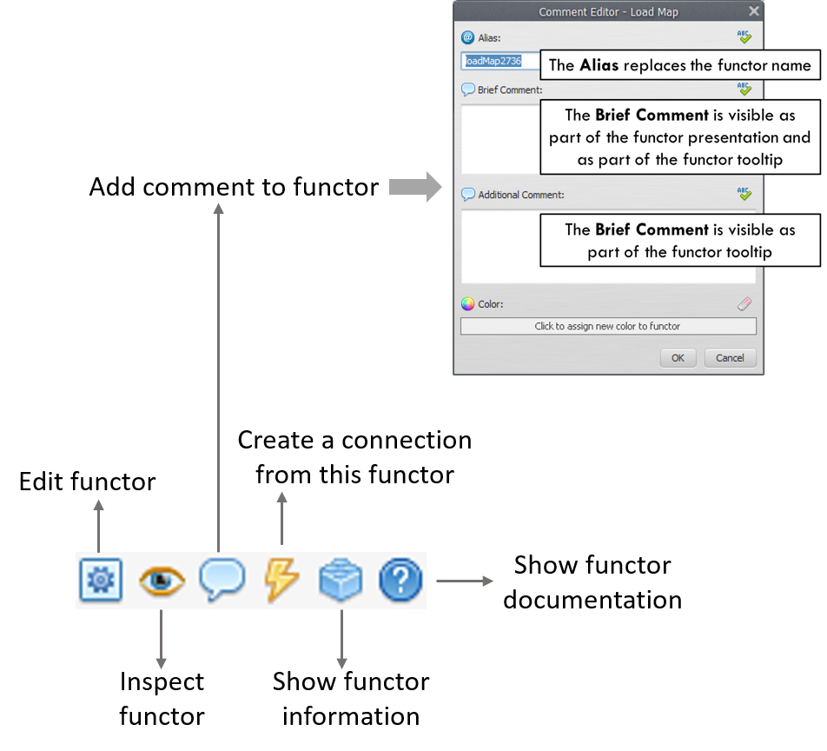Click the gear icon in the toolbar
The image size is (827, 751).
point(100,581)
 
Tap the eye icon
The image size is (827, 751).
point(161,581)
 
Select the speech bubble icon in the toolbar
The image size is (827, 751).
point(222,580)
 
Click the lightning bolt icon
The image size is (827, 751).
point(281,579)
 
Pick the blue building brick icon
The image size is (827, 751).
point(341,581)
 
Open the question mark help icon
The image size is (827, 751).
point(400,581)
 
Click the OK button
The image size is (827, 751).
point(678,358)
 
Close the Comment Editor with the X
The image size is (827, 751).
point(753,11)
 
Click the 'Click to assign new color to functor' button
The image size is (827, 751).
point(607,327)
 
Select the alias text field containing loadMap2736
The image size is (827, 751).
point(500,62)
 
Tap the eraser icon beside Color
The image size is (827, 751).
point(744,304)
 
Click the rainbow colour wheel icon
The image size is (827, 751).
point(468,304)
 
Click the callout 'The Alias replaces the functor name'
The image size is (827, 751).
point(679,65)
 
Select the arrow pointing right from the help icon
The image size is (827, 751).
point(465,581)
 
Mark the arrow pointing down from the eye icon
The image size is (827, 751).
point(161,640)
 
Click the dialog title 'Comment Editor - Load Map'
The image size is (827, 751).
point(608,12)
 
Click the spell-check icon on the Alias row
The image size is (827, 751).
point(744,37)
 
